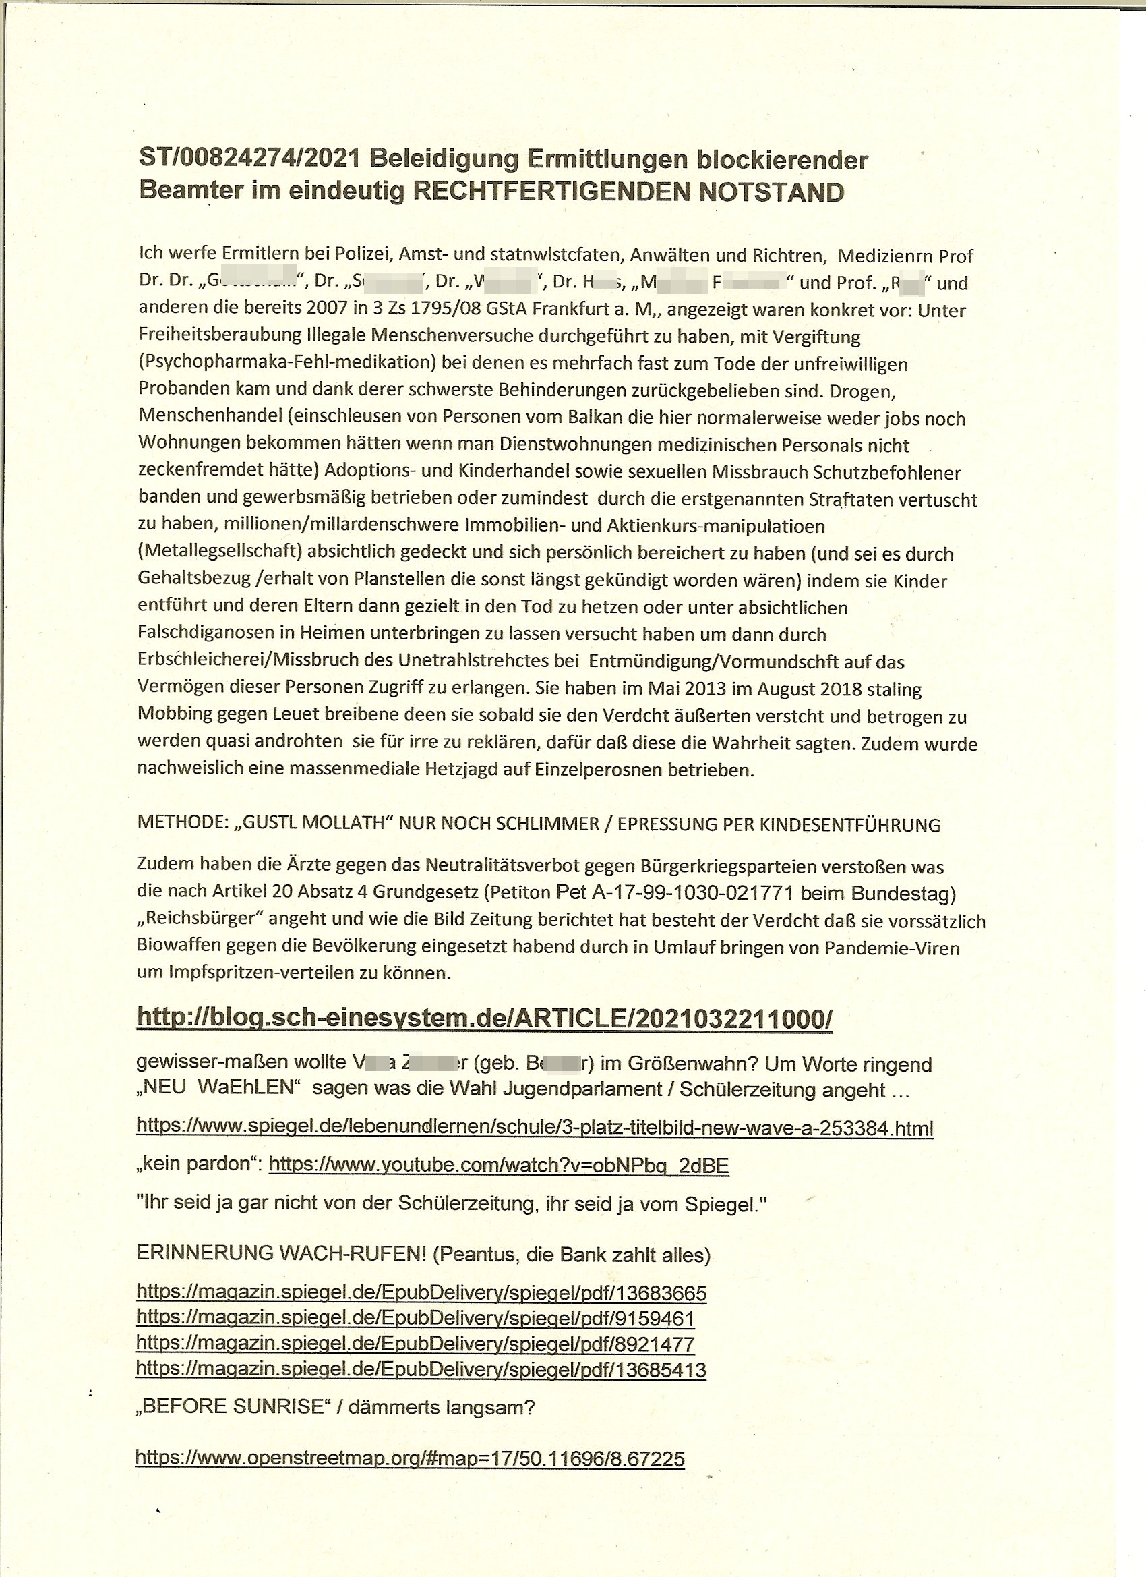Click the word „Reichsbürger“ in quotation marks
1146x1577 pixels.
pos(199,919)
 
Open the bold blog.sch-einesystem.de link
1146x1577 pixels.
pos(484,1018)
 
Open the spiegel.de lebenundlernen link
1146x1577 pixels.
pos(534,1128)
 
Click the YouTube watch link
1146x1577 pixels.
pos(498,1166)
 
